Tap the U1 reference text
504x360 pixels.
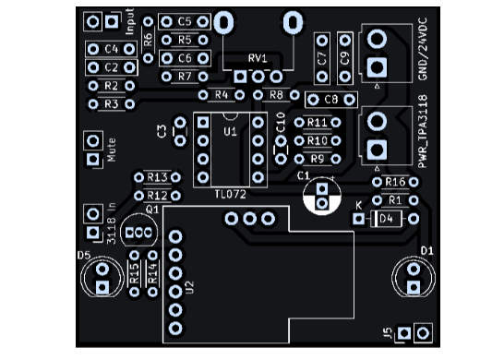(x=230, y=132)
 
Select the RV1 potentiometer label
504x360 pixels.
(x=258, y=59)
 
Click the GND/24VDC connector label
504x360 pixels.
(x=424, y=48)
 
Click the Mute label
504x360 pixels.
(x=112, y=150)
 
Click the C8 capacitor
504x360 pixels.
(x=330, y=99)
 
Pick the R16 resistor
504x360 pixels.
(x=394, y=181)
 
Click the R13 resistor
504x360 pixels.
(x=156, y=177)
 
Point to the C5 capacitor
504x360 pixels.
(x=185, y=21)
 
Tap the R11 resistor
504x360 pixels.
(x=318, y=123)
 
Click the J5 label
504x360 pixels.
(x=389, y=332)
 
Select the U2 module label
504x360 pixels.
(x=191, y=288)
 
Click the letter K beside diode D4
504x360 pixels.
(x=359, y=205)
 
